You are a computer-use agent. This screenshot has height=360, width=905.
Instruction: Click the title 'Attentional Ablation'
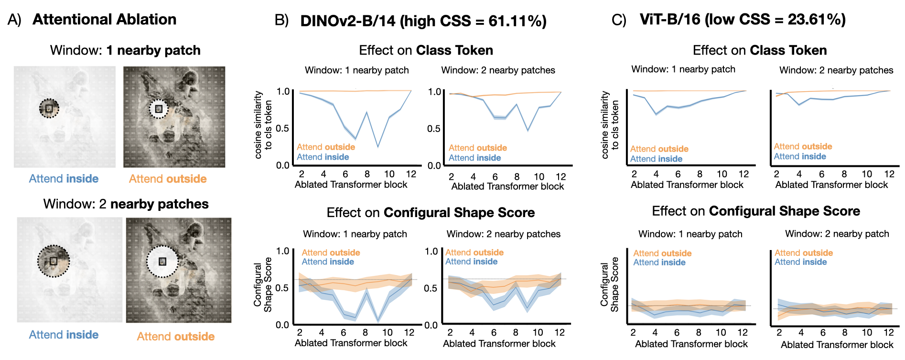pyautogui.click(x=104, y=20)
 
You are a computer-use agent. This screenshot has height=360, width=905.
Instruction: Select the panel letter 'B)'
pyautogui.click(x=282, y=21)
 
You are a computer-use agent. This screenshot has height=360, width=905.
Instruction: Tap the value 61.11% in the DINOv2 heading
pyautogui.click(x=517, y=21)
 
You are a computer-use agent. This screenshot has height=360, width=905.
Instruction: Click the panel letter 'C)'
pyautogui.click(x=619, y=20)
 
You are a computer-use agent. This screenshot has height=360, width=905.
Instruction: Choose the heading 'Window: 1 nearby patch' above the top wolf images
pyautogui.click(x=125, y=51)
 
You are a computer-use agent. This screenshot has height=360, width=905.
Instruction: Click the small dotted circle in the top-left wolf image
pyautogui.click(x=49, y=109)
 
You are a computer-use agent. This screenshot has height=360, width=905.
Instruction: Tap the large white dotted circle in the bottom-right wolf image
pyautogui.click(x=162, y=262)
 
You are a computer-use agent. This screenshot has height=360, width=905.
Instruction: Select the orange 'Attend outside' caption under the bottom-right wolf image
pyautogui.click(x=176, y=337)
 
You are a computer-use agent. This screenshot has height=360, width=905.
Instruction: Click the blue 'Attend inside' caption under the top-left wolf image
pyautogui.click(x=64, y=179)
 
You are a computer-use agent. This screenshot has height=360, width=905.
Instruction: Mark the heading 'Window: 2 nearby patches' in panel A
pyautogui.click(x=126, y=204)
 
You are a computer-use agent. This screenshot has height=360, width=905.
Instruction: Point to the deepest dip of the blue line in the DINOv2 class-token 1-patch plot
pyautogui.click(x=378, y=146)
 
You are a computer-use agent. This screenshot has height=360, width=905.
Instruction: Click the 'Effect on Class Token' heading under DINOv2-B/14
pyautogui.click(x=426, y=51)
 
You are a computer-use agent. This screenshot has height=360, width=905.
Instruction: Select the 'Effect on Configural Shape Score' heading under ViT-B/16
pyautogui.click(x=756, y=211)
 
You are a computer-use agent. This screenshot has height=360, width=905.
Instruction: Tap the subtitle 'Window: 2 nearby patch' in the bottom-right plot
pyautogui.click(x=837, y=234)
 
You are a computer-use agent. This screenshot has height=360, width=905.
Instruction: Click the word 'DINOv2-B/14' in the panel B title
pyautogui.click(x=348, y=21)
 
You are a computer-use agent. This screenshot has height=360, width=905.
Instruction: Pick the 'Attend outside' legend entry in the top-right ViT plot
pyautogui.click(x=803, y=146)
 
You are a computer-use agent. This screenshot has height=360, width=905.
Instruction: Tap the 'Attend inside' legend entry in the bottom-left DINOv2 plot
pyautogui.click(x=328, y=262)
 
